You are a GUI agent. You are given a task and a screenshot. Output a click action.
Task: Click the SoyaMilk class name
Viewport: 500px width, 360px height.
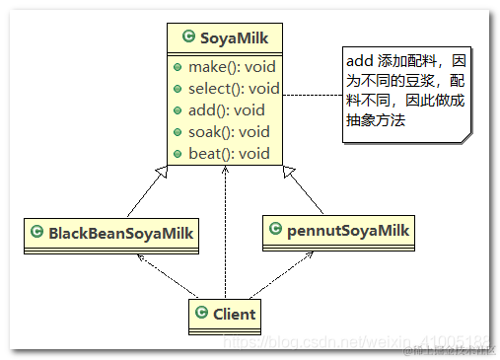pyautogui.click(x=233, y=37)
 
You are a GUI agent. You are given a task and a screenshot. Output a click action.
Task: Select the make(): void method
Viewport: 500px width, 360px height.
pyautogui.click(x=230, y=67)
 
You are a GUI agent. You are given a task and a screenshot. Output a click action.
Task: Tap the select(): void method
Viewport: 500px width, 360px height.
pyautogui.click(x=234, y=89)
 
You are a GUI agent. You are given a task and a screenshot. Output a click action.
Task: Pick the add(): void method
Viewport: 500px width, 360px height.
pyautogui.click(x=226, y=110)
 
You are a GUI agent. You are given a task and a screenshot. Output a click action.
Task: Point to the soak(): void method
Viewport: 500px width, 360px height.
pyautogui.click(x=229, y=131)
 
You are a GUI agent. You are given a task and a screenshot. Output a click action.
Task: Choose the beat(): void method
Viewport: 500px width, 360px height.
pyautogui.click(x=227, y=153)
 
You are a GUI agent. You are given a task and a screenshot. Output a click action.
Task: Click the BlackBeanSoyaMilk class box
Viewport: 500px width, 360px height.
pyautogui.click(x=108, y=234)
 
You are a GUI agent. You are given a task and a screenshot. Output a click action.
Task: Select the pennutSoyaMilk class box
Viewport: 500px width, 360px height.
pyautogui.click(x=338, y=232)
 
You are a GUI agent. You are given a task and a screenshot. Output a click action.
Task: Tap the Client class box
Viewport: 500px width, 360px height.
pyautogui.click(x=225, y=316)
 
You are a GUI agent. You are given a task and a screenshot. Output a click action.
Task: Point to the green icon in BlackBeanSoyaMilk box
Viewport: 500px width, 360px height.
pyautogui.click(x=36, y=234)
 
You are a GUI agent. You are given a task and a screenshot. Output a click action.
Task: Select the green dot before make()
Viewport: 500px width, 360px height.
pyautogui.click(x=176, y=67)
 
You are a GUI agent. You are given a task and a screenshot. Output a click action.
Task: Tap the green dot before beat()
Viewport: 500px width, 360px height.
pyautogui.click(x=176, y=153)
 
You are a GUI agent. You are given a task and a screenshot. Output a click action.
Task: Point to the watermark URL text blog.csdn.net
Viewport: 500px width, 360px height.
pyautogui.click(x=296, y=340)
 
